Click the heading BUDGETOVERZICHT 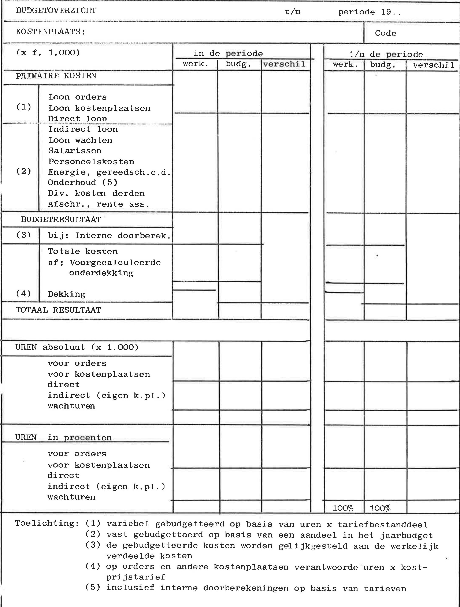56,11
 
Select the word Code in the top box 385,33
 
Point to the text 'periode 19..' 370,12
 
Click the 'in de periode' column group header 228,53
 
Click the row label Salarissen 75,151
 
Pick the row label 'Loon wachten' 80,140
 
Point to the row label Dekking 66,294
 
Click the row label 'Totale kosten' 83,251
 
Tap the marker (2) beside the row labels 24,171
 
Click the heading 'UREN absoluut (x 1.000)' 77,347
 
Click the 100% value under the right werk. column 343,508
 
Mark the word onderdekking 101,273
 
